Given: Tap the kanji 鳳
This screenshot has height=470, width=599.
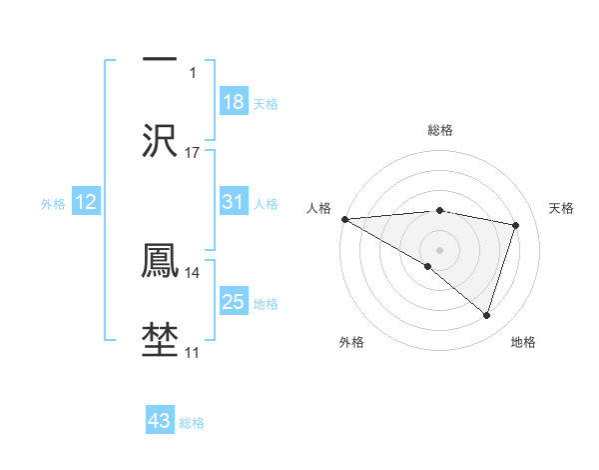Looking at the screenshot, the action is pyautogui.click(x=160, y=258).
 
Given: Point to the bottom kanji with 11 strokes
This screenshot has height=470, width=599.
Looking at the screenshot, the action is pyautogui.click(x=160, y=338).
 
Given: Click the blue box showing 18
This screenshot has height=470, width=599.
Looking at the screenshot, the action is pyautogui.click(x=234, y=102).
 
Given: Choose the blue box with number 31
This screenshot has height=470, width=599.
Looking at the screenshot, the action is pyautogui.click(x=234, y=202).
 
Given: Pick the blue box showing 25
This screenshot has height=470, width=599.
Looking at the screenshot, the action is pyautogui.click(x=234, y=301).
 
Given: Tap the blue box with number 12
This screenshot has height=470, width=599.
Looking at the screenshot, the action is pyautogui.click(x=86, y=202).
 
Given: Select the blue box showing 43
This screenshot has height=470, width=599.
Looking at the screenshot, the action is pyautogui.click(x=160, y=421).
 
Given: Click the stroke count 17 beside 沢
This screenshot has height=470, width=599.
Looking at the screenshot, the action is pyautogui.click(x=193, y=152).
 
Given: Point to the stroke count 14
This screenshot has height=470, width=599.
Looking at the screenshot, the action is pyautogui.click(x=193, y=271).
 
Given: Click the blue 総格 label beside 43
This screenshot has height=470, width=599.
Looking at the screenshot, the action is pyautogui.click(x=192, y=423).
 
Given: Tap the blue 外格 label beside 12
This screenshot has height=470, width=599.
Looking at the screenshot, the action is pyautogui.click(x=53, y=203).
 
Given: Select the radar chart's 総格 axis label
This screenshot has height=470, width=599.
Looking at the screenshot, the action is pyautogui.click(x=440, y=130).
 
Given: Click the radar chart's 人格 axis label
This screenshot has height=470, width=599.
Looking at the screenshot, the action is pyautogui.click(x=318, y=207).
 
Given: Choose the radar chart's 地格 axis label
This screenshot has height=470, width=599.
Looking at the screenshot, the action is pyautogui.click(x=523, y=342).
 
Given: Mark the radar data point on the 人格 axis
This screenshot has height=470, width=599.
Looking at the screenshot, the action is pyautogui.click(x=344, y=219).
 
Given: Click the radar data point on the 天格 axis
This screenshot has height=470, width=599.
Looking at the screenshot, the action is pyautogui.click(x=516, y=225).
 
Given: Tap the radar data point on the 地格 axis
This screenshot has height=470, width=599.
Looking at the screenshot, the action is pyautogui.click(x=486, y=316).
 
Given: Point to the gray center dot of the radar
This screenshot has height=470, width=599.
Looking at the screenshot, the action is pyautogui.click(x=439, y=249).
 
